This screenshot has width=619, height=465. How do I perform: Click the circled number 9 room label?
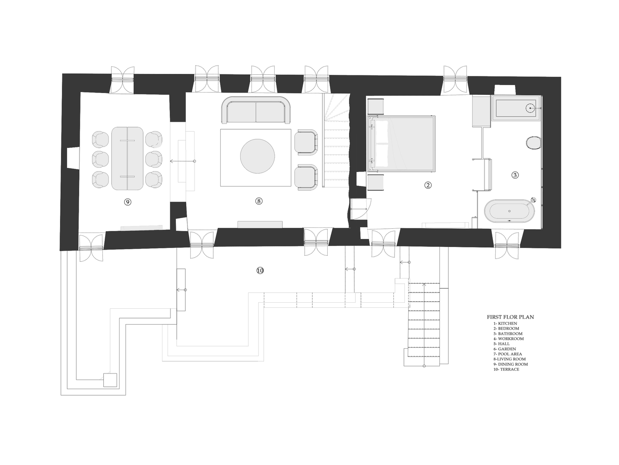[x=128, y=201]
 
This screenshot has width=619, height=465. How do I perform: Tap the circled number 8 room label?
[x=259, y=201]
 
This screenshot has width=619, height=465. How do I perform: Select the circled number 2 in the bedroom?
[x=428, y=185]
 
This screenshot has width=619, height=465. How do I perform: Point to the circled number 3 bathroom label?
[x=515, y=175]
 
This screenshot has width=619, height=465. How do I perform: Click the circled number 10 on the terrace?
[x=260, y=270]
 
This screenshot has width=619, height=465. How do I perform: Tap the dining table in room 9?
[x=127, y=158]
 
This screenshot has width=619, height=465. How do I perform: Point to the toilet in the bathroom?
[x=533, y=143]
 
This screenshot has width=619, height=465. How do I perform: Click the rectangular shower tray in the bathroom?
[x=517, y=108]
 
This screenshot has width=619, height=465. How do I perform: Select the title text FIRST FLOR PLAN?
[x=510, y=317]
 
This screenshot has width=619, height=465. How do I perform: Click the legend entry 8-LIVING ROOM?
[x=510, y=359]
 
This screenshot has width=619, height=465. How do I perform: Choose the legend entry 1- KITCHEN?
[x=505, y=323]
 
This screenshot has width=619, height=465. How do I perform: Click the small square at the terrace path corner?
[x=110, y=380]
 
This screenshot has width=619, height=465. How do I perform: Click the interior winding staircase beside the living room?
[x=336, y=139]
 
